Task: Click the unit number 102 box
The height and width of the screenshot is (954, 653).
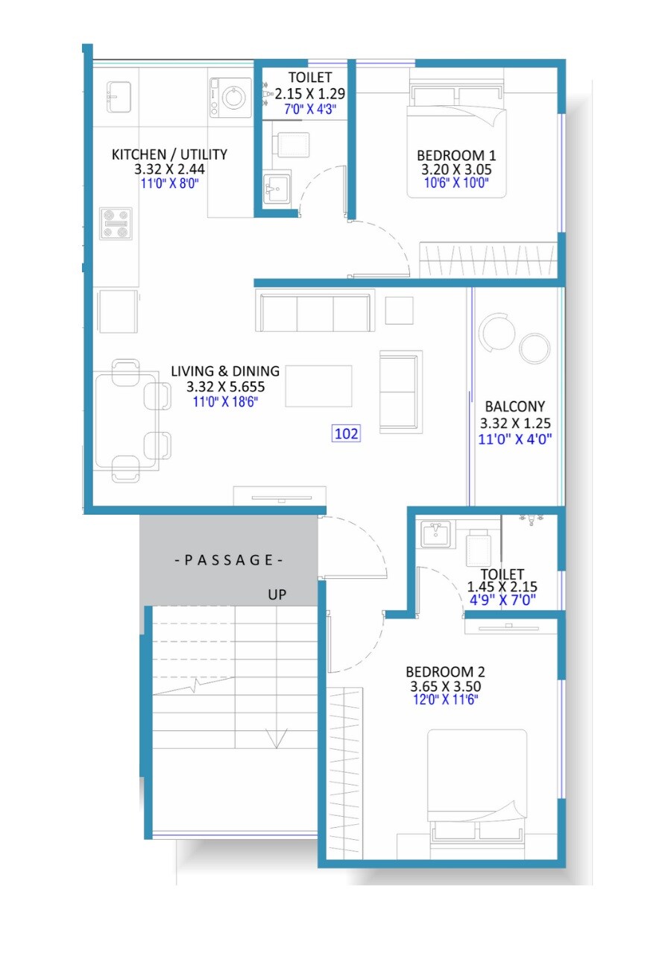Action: click(347, 433)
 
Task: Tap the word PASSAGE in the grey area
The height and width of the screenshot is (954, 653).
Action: click(228, 560)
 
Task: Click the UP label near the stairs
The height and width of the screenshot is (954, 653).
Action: click(278, 594)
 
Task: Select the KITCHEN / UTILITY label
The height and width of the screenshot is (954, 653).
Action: click(169, 154)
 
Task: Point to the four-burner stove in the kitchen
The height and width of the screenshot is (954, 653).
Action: click(116, 223)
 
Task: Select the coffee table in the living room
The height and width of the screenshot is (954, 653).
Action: click(318, 386)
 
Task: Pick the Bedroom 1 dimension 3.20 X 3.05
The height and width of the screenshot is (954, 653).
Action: click(456, 169)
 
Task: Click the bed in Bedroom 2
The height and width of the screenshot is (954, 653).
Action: click(477, 783)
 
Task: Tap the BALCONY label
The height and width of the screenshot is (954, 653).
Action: click(514, 407)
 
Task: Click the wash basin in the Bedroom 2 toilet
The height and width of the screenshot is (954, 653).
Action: click(435, 534)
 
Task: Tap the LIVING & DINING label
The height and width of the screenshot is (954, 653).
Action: click(225, 371)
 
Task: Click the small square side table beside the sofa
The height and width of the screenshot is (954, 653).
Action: click(399, 310)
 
